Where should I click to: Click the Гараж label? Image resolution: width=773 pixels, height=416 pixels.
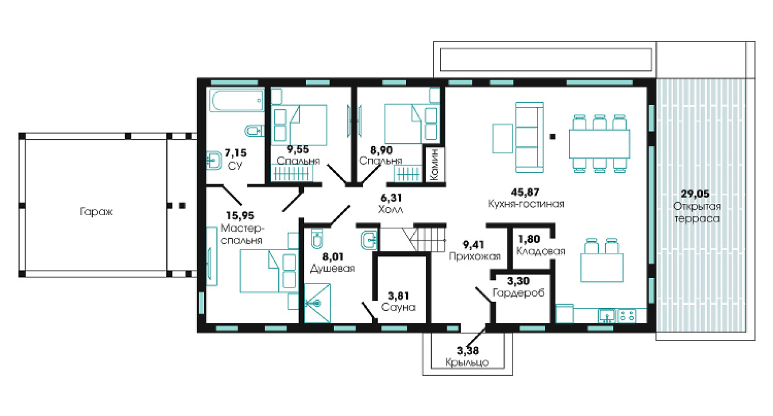click(96, 212)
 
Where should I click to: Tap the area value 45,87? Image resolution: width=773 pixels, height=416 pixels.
click(525, 192)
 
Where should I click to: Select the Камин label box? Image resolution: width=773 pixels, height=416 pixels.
click(434, 164)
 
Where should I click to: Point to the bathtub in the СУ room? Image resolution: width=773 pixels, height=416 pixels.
click(237, 100)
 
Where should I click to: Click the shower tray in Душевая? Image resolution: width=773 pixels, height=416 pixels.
click(318, 303)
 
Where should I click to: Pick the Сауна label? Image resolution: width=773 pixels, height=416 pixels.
click(398, 307)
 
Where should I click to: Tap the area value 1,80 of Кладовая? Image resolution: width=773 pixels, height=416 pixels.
click(529, 239)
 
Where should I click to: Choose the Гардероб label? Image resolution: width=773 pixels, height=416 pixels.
click(519, 293)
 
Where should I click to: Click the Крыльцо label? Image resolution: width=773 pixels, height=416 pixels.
click(467, 362)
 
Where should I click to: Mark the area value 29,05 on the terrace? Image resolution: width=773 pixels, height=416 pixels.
click(695, 194)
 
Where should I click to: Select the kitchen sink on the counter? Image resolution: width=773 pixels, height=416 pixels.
click(607, 316)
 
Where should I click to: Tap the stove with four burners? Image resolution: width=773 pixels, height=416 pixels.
click(626, 316)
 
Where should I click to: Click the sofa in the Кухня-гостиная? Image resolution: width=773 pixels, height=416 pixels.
click(529, 137)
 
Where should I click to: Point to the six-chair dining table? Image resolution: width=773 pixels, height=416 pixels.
click(599, 143)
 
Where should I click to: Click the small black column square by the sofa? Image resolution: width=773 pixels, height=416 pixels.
click(552, 137)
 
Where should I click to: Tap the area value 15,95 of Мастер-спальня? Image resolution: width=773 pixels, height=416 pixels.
click(240, 216)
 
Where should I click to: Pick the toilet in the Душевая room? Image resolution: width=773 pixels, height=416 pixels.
click(317, 238)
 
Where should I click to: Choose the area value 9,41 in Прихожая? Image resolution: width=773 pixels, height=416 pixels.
click(473, 245)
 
